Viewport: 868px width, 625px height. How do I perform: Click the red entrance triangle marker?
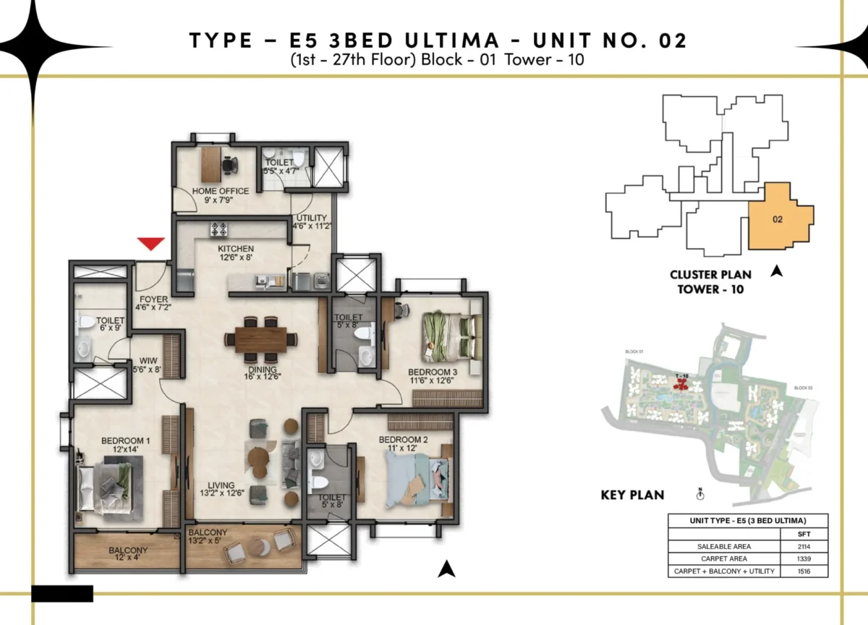point(151,244)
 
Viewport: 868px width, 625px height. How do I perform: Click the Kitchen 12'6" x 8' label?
point(236,253)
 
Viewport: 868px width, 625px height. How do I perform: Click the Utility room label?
point(310,221)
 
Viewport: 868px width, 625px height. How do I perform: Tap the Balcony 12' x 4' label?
point(129,554)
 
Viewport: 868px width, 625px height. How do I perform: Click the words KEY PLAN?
point(633,496)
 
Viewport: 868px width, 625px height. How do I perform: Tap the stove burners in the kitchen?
point(218,230)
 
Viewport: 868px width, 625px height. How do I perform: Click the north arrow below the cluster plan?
point(778,271)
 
